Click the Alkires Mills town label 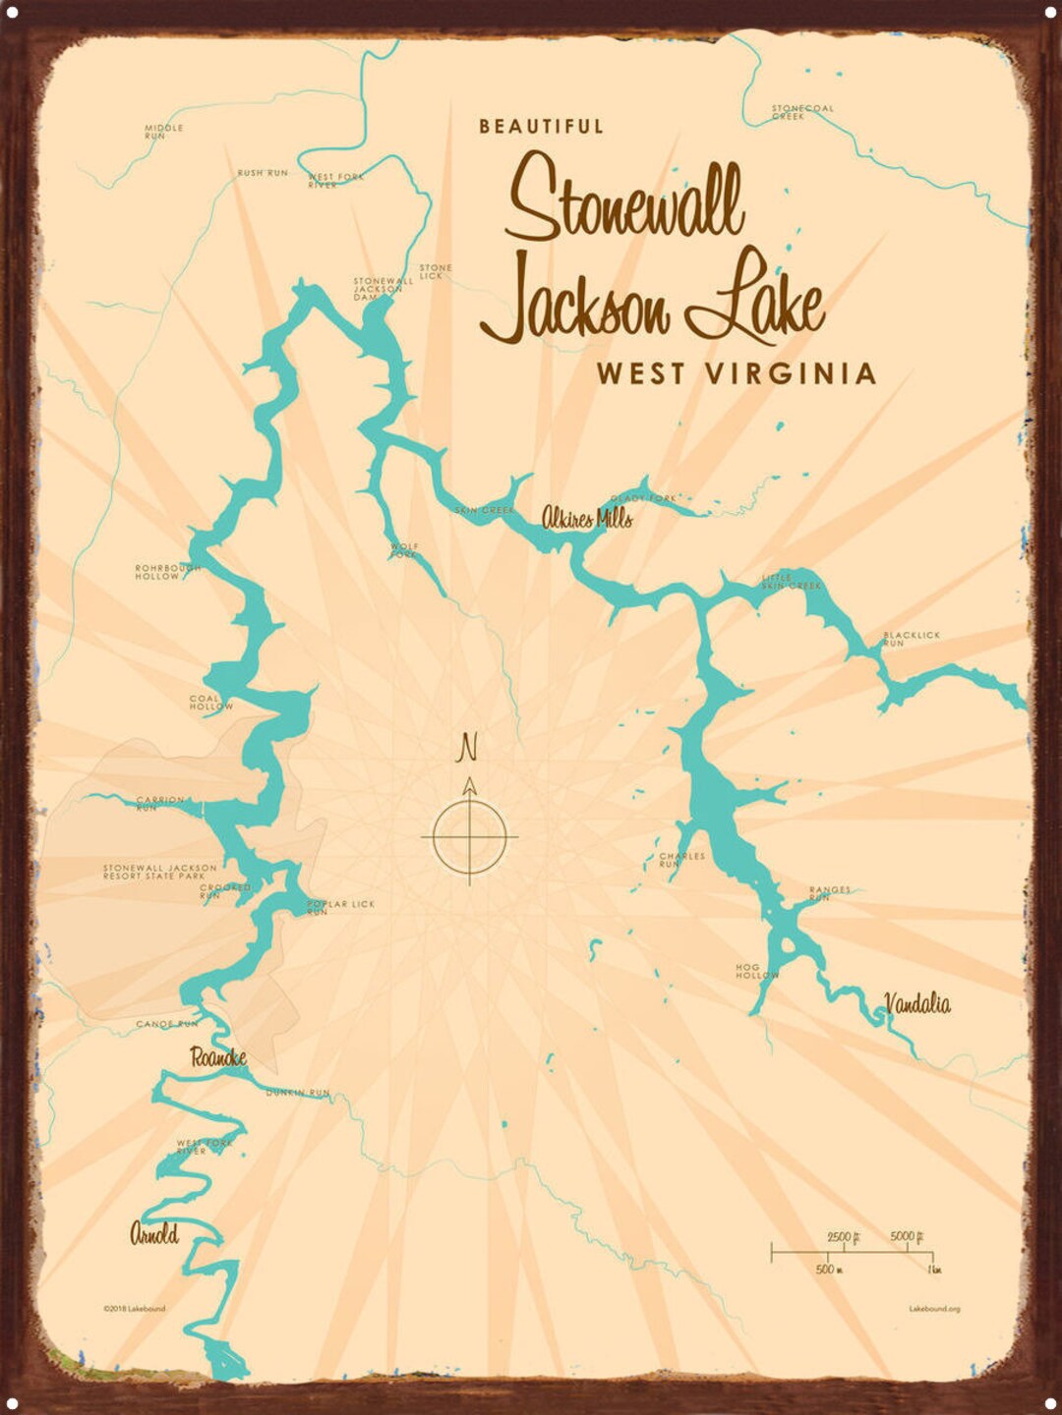click(x=587, y=518)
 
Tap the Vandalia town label click(x=916, y=1003)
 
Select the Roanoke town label click(x=218, y=1058)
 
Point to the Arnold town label click(x=154, y=1234)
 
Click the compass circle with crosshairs click(x=469, y=837)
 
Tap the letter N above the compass click(x=468, y=749)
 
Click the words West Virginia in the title click(x=736, y=374)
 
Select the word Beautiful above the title click(x=541, y=127)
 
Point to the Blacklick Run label click(x=911, y=639)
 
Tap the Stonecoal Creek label click(x=800, y=112)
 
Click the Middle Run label click(x=163, y=132)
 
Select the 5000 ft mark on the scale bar click(x=905, y=1237)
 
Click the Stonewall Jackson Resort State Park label click(x=159, y=872)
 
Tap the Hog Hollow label click(x=756, y=972)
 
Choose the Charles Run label click(x=680, y=860)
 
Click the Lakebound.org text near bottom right click(x=934, y=1309)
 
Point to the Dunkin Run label click(x=297, y=1093)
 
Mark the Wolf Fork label click(x=404, y=550)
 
